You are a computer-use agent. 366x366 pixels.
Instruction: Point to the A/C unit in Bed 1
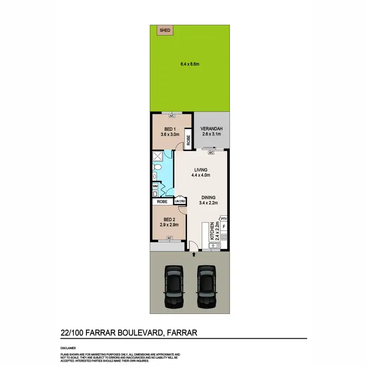pyautogui.click(x=172, y=116)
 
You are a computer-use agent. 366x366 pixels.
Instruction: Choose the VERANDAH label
pyautogui.click(x=212, y=129)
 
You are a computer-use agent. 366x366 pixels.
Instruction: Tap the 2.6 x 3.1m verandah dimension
pyautogui.click(x=212, y=135)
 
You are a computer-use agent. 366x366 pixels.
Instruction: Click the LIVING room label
pyautogui.click(x=201, y=169)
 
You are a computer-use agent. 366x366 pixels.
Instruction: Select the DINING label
pyautogui.click(x=207, y=198)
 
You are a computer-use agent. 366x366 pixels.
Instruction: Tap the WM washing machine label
pyautogui.click(x=155, y=186)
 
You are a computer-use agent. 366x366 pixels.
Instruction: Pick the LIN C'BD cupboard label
pyautogui.click(x=180, y=201)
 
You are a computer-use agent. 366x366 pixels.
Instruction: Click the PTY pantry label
pyautogui.click(x=224, y=218)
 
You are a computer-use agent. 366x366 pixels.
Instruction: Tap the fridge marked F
pyautogui.click(x=224, y=227)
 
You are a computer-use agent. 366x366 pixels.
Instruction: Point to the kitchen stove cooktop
pyautogui.click(x=224, y=237)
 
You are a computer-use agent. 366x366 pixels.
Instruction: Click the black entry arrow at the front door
pyautogui.click(x=194, y=254)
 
